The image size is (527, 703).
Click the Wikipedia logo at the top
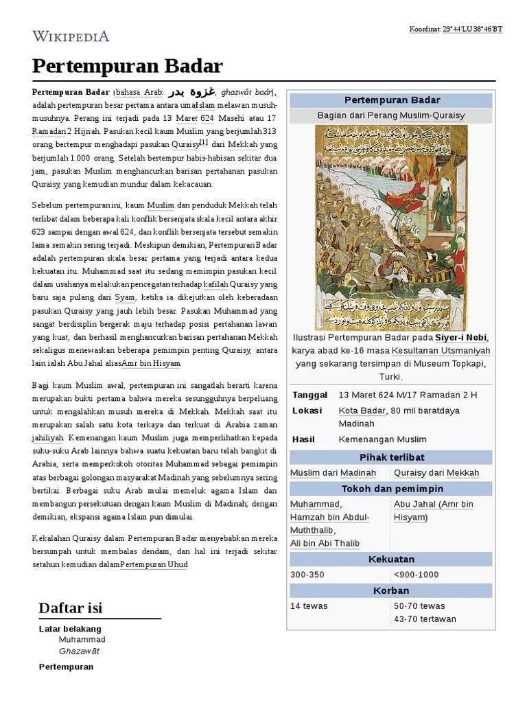point(71,36)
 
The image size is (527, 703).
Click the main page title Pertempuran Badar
point(128,66)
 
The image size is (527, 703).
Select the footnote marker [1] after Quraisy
point(204,143)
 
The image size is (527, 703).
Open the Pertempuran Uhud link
point(154,564)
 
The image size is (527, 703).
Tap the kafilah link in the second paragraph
point(215,284)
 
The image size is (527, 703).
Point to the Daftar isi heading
point(71,607)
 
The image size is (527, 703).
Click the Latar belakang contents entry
point(70,629)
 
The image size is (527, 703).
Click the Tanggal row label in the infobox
point(310,395)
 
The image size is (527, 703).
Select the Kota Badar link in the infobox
point(362,411)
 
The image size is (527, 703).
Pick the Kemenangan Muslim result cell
point(382,439)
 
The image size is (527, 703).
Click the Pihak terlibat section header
point(391,457)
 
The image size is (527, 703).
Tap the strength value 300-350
point(307,574)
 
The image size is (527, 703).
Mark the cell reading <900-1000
point(416,574)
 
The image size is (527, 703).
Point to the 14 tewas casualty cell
point(309,606)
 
